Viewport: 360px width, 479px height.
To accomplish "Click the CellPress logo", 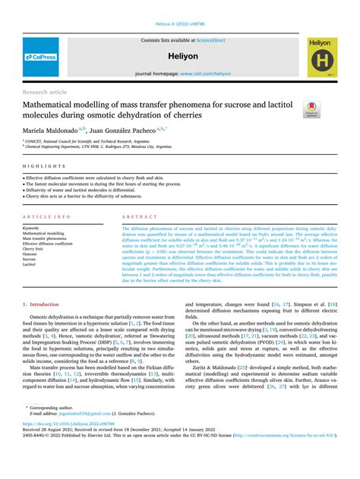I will click(39, 57).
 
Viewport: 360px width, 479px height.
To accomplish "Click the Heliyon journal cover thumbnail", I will click(322, 56).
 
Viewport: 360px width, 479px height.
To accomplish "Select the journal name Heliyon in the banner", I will click(180, 55).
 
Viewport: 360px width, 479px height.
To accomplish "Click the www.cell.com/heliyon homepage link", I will click(205, 73).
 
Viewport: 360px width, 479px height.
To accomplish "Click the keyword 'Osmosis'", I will click(33, 254).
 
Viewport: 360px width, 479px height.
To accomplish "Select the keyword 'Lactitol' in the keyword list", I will click(33, 264).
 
